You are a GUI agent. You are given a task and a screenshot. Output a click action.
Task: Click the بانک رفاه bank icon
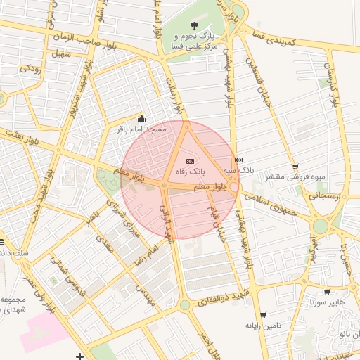click(188, 161)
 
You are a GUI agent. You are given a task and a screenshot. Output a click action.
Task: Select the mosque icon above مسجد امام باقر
click(141, 119)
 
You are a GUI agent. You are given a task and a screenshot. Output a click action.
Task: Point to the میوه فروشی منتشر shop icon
click(294, 167)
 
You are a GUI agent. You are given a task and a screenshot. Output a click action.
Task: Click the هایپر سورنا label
click(326, 302)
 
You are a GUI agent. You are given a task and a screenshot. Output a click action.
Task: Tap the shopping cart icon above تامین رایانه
click(263, 314)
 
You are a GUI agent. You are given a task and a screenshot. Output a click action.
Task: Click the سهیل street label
click(60, 53)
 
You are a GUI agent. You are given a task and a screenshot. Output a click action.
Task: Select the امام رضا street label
click(149, 252)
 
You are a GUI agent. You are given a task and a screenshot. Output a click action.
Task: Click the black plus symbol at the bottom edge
click(79, 356)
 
